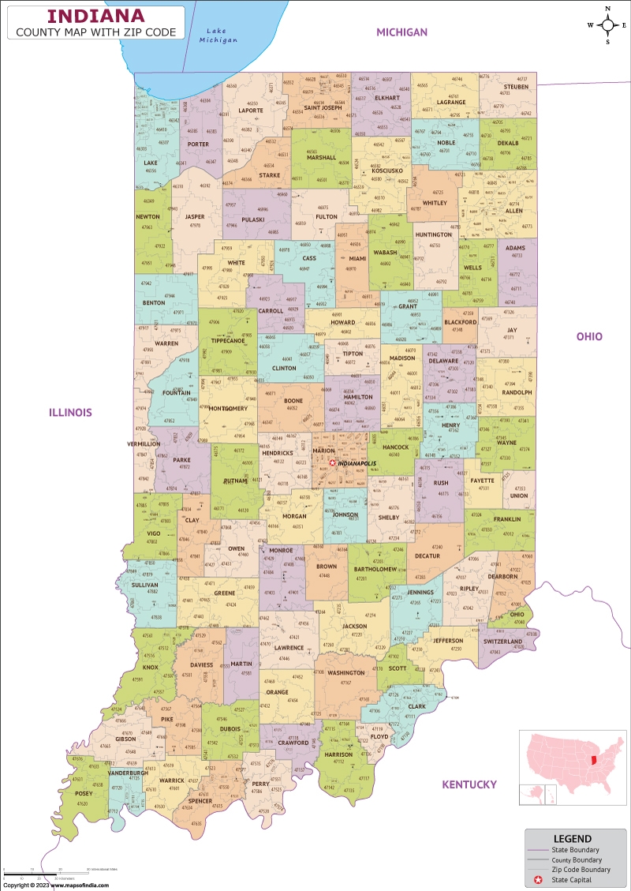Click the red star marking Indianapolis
333,463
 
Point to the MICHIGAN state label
401,32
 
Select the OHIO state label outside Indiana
588,336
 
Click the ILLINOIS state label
70,412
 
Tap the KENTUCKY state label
469,784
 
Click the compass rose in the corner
609,24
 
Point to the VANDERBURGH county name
129,773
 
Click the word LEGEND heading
573,838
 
